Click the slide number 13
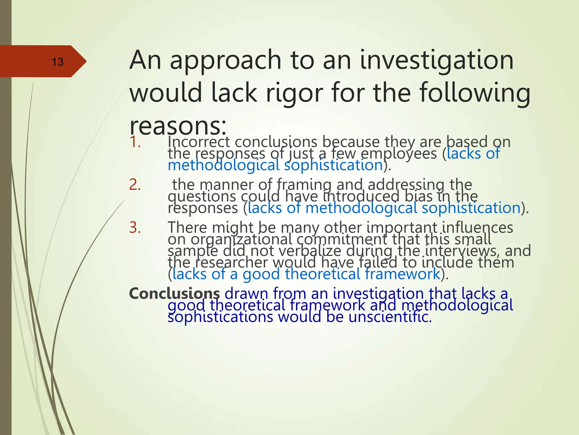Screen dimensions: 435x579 57,62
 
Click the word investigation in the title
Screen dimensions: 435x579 437,60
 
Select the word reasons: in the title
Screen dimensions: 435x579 178,126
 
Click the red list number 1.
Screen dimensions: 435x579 135,142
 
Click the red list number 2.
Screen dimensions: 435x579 135,185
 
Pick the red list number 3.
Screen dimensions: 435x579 135,227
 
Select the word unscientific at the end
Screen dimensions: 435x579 390,317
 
